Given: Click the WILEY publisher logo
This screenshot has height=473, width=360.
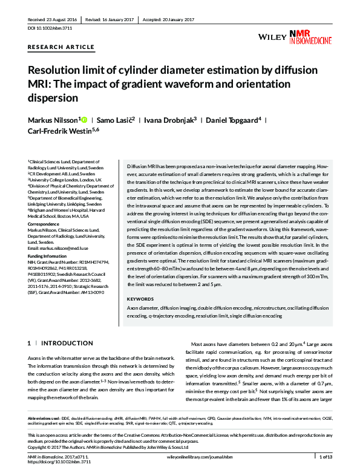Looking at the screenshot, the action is (x=272, y=38).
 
